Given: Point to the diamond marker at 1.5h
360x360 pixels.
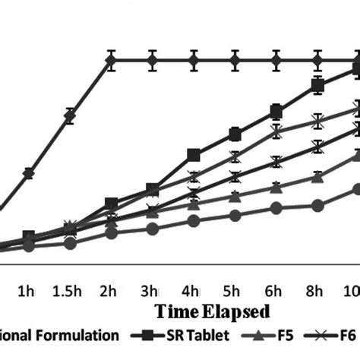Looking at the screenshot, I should (x=69, y=116).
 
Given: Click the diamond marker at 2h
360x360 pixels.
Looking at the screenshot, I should (x=111, y=60).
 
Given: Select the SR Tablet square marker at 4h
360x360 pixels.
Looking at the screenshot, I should (x=194, y=155).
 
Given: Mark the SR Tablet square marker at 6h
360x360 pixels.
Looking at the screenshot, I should (x=276, y=112).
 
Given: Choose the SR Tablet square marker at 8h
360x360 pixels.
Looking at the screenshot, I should (x=317, y=85).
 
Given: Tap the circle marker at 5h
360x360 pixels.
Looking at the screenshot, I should (x=235, y=216).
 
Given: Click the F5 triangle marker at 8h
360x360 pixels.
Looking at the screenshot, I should (x=317, y=177).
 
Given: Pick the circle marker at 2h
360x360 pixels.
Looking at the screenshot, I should (x=111, y=232).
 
